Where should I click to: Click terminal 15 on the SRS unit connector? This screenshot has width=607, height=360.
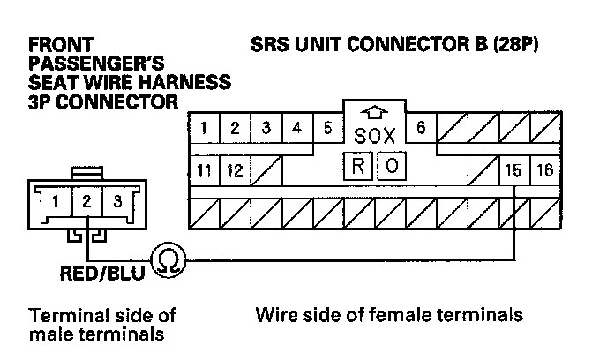pos(513,169)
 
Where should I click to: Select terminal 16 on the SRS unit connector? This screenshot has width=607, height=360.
pos(543,169)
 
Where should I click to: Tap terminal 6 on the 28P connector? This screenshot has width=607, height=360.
pos(421,128)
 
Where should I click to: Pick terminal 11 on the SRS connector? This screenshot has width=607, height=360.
pos(204,169)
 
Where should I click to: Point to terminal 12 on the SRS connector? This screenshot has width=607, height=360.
pos(234,169)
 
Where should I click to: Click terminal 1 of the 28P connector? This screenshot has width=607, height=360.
pos(204,128)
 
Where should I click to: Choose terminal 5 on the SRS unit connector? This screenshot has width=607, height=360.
pos(327,128)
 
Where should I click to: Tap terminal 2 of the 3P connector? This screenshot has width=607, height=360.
pos(86,201)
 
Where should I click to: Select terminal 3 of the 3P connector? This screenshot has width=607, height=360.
pos(116,201)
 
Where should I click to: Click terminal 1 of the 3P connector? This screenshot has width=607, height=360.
pos(56,201)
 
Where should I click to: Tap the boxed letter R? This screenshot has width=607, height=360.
pos(358,165)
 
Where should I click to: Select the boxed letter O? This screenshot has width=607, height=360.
pos(392,165)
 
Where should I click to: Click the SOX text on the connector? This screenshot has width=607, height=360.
pos(374,137)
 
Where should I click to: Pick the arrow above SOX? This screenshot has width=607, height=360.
pos(375,113)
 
